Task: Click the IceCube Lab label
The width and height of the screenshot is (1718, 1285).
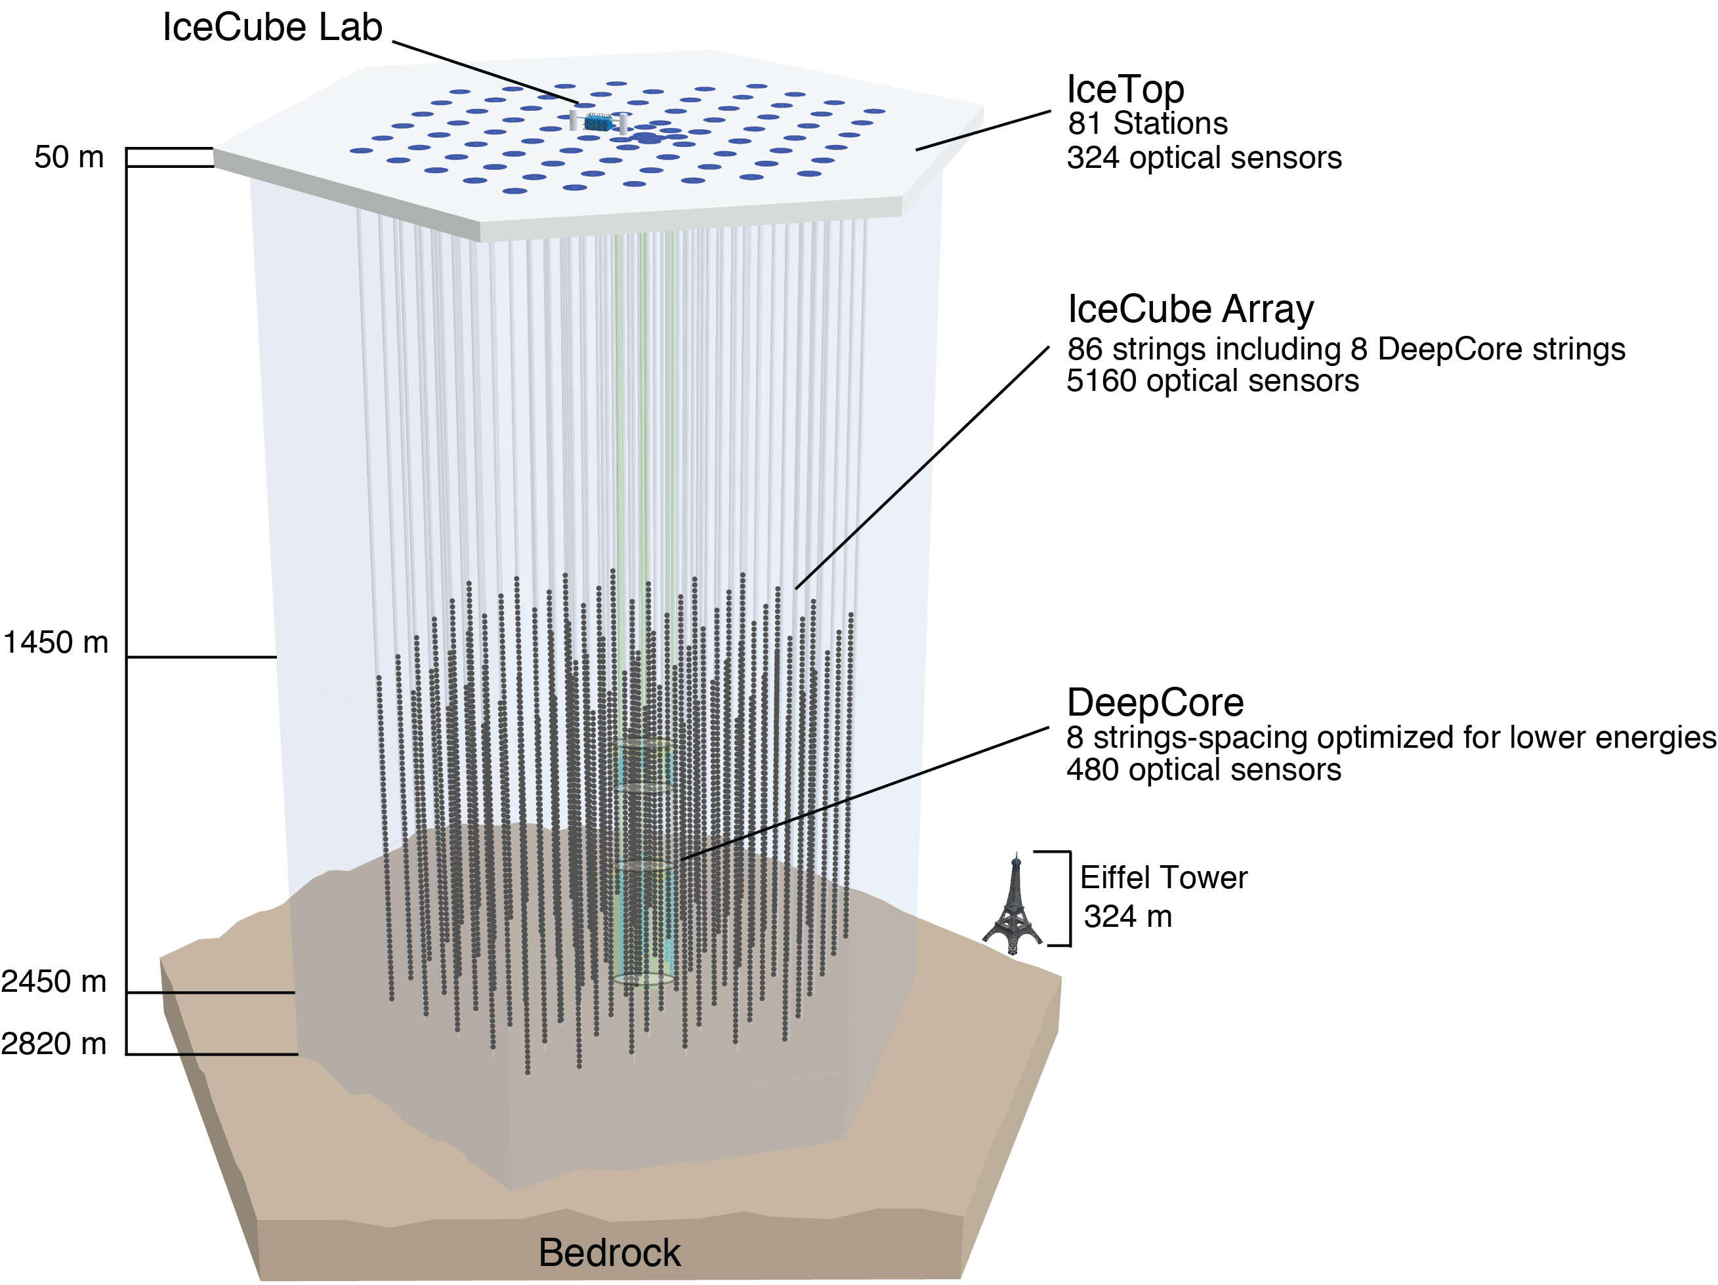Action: pos(272,28)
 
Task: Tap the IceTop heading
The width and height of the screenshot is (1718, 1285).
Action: pos(1125,89)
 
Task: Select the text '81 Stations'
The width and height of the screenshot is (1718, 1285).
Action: pos(1147,123)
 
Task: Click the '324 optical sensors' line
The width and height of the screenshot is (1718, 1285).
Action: pos(1204,157)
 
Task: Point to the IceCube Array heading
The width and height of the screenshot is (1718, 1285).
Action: pos(1190,309)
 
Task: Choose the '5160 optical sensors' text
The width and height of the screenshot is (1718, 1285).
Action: pos(1213,381)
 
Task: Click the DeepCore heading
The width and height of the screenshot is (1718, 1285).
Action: pos(1155,703)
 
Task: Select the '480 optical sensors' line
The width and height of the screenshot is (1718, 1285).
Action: pos(1203,770)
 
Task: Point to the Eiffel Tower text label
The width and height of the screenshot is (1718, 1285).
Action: pos(1163,878)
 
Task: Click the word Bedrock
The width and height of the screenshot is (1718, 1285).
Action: pos(610,1252)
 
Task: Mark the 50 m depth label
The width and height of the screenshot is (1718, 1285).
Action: pos(69,157)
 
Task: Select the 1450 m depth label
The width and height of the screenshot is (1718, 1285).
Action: pos(56,643)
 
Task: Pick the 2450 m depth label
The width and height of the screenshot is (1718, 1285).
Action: pos(54,982)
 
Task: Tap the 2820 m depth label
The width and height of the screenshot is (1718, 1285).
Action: pos(54,1044)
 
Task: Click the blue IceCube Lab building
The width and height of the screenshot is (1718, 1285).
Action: pos(599,123)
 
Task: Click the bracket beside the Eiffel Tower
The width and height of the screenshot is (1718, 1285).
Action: pos(1067,899)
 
